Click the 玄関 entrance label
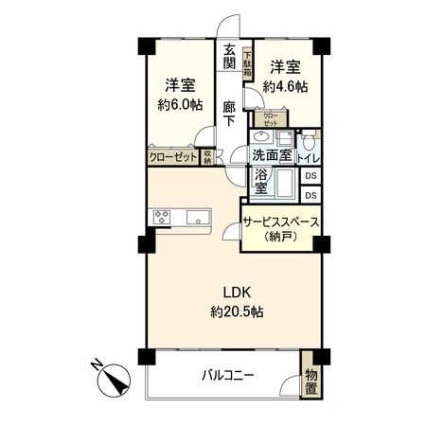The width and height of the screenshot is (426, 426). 229,56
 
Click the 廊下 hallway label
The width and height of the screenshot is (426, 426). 229,108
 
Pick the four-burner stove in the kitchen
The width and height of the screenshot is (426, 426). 161,218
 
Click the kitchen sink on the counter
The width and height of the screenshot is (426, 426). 199,218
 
